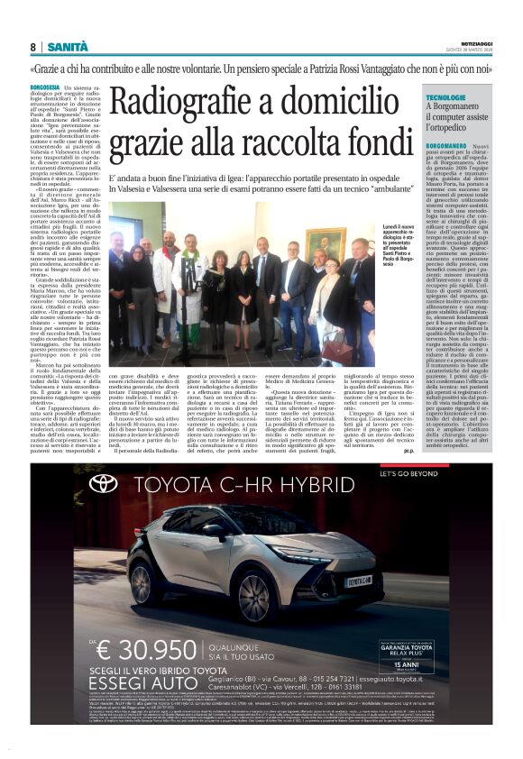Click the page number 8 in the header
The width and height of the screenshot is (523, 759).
32,47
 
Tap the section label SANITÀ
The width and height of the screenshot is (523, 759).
68,47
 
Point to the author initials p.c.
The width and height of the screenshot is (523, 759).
408,450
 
